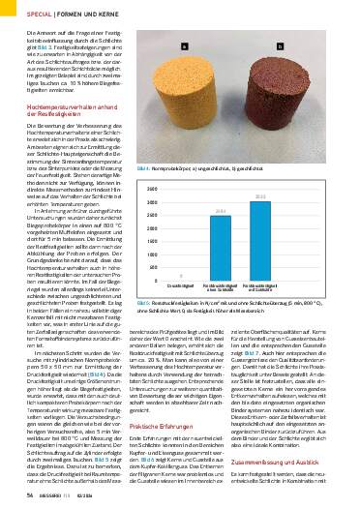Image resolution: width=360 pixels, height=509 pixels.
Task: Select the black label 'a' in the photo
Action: (186, 45)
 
